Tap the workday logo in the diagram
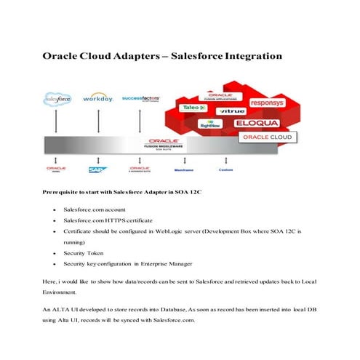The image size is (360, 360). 97,97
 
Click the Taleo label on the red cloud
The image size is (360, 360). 191,107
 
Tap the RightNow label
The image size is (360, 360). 211,124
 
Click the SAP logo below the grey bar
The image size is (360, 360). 97,169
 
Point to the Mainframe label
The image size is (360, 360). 183,169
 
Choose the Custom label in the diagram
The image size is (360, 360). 226,169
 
